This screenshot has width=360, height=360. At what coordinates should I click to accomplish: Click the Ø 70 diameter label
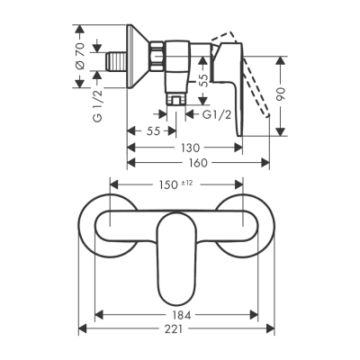click(x=79, y=58)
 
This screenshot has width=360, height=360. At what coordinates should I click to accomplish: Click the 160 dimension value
click(x=198, y=163)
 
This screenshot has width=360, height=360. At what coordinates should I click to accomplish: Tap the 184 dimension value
click(x=178, y=316)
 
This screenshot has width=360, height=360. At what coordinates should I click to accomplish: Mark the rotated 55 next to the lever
click(x=203, y=83)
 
